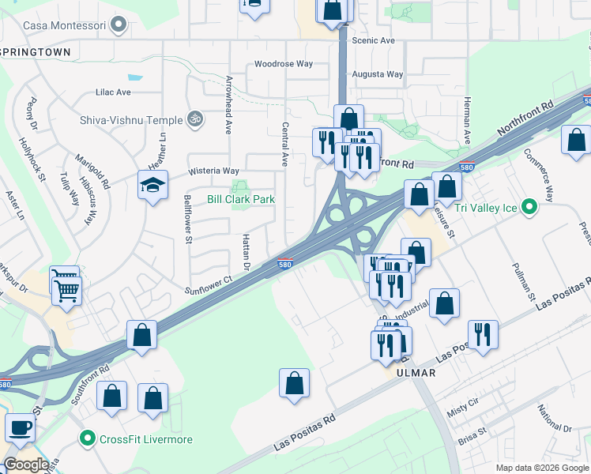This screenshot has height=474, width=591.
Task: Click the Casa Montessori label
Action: tap(66, 25)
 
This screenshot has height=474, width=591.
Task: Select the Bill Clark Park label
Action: tap(241, 199)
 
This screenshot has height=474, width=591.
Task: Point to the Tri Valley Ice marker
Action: tap(530, 209)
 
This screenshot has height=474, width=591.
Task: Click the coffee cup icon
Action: tap(20, 427)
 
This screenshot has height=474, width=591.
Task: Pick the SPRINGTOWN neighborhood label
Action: tap(36, 52)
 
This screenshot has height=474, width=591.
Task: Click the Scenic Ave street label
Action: tap(373, 40)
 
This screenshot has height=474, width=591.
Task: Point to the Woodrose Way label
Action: tap(284, 64)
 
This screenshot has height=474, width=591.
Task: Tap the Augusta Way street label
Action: tap(378, 75)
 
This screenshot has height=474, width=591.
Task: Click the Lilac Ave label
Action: tap(113, 92)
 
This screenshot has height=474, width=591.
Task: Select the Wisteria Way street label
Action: tap(213, 171)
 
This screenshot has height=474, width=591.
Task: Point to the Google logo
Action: tap(26, 465)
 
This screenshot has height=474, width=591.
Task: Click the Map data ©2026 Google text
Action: tap(540, 468)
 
